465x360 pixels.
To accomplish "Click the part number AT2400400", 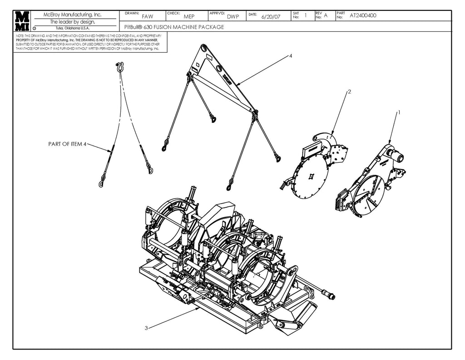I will point(363,15).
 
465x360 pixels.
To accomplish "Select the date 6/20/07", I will point(271,17).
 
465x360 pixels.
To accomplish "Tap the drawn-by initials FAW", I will point(148,16).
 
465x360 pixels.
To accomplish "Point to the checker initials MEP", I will point(189,16).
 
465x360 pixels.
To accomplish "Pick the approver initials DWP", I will point(233,16).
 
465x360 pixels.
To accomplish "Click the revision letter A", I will point(326,15).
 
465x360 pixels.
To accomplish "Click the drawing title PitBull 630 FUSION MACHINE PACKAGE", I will point(174,27).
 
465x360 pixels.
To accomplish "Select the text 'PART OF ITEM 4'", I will point(67,144).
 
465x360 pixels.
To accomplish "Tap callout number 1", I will point(399,111).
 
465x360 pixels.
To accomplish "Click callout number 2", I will point(349,91).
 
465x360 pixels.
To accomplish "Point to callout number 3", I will point(146,329).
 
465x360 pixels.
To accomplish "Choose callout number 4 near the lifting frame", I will point(291,55).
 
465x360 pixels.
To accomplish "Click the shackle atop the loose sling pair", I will point(120,67).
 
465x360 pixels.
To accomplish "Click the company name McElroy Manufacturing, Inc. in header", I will point(73,15).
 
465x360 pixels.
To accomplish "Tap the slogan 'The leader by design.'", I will point(73,21).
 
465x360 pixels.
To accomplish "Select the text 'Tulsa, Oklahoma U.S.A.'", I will point(73,28).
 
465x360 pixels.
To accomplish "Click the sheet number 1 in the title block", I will point(306,15).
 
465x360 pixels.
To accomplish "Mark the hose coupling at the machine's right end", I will point(331,296).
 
